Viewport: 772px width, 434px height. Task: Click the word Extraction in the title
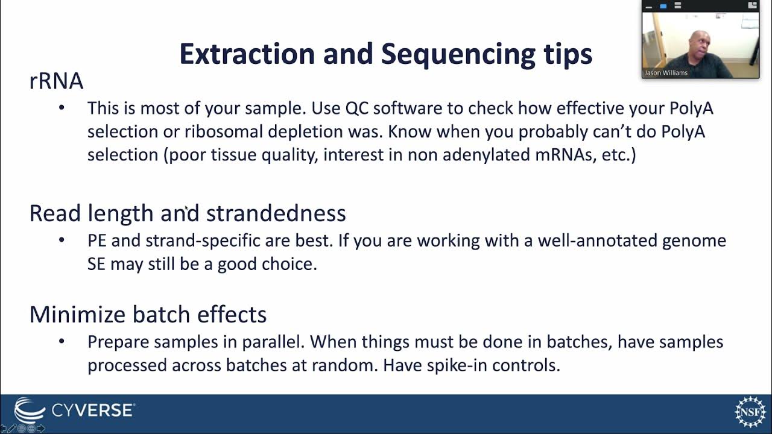tap(247, 54)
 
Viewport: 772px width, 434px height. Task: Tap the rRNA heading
tap(56, 81)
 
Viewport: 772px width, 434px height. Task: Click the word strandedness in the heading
tap(276, 213)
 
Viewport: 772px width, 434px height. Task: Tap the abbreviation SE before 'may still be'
tap(96, 264)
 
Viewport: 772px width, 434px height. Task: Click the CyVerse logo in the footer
tap(75, 410)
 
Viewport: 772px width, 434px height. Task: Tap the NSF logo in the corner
tap(749, 412)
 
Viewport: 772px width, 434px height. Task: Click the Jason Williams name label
tap(666, 73)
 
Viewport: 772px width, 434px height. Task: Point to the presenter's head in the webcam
tap(701, 43)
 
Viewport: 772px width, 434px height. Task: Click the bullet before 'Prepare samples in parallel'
tap(62, 342)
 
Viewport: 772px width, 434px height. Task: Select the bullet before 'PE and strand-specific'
tap(62, 241)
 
